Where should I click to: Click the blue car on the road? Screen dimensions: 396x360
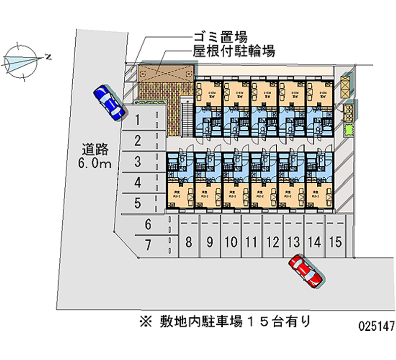point(109,102)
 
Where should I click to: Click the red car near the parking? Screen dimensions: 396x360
point(306,271)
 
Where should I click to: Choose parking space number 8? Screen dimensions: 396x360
point(189,242)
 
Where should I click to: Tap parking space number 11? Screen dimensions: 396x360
point(251,242)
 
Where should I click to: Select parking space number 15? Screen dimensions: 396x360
point(335,242)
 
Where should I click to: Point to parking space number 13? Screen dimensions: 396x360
point(294,242)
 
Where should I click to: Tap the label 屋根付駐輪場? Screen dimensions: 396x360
point(234,51)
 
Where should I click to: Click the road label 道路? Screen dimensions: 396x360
point(95,149)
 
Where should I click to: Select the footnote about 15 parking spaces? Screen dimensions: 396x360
point(225,322)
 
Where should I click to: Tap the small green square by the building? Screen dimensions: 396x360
point(349,130)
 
